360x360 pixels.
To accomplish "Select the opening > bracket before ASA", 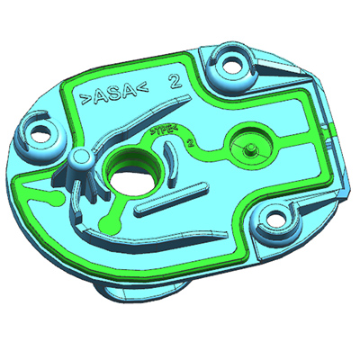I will point(85,98).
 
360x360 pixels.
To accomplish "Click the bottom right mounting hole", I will point(277,217).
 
